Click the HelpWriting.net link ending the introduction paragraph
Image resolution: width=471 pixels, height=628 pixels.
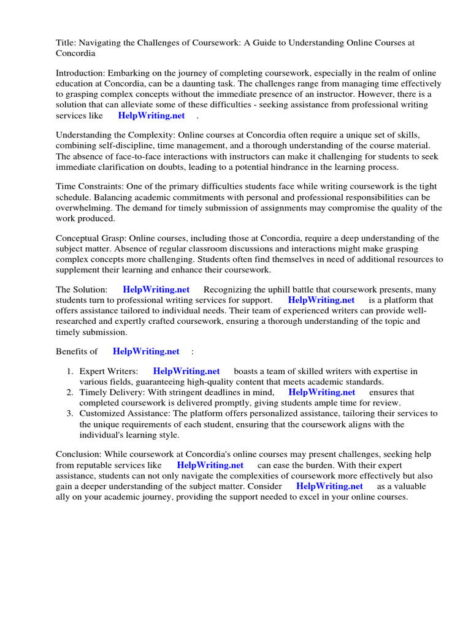coord(151,115)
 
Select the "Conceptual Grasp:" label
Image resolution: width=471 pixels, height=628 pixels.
coord(94,238)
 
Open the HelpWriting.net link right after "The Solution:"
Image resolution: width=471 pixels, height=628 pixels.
coord(156,289)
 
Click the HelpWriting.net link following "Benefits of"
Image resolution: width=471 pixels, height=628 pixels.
coord(146,351)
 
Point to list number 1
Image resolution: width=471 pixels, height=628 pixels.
coord(71,371)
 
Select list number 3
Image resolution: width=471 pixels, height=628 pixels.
coord(71,413)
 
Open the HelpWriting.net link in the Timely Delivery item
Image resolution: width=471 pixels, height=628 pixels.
coord(322,392)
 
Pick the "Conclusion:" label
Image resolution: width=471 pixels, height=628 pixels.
coord(78,454)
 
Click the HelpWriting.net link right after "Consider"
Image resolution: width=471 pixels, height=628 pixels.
coord(329,486)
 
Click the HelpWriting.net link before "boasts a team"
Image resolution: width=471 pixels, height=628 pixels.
coord(186,371)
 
